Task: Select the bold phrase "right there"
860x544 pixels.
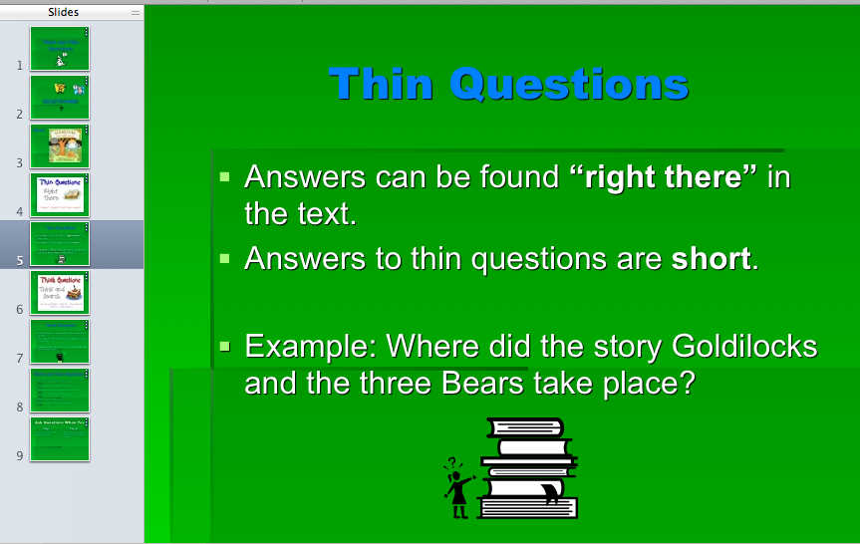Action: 664,177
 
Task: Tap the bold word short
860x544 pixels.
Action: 710,259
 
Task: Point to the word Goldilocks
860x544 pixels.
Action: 744,347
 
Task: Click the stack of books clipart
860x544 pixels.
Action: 529,468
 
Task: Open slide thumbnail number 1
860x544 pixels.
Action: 60,48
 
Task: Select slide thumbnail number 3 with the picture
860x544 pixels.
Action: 60,145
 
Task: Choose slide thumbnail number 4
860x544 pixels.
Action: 60,194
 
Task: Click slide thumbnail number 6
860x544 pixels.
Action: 60,292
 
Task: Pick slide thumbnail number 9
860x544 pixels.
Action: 60,438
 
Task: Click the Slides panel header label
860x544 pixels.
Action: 64,12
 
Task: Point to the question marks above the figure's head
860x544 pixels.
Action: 452,462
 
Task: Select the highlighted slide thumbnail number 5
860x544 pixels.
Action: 60,243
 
